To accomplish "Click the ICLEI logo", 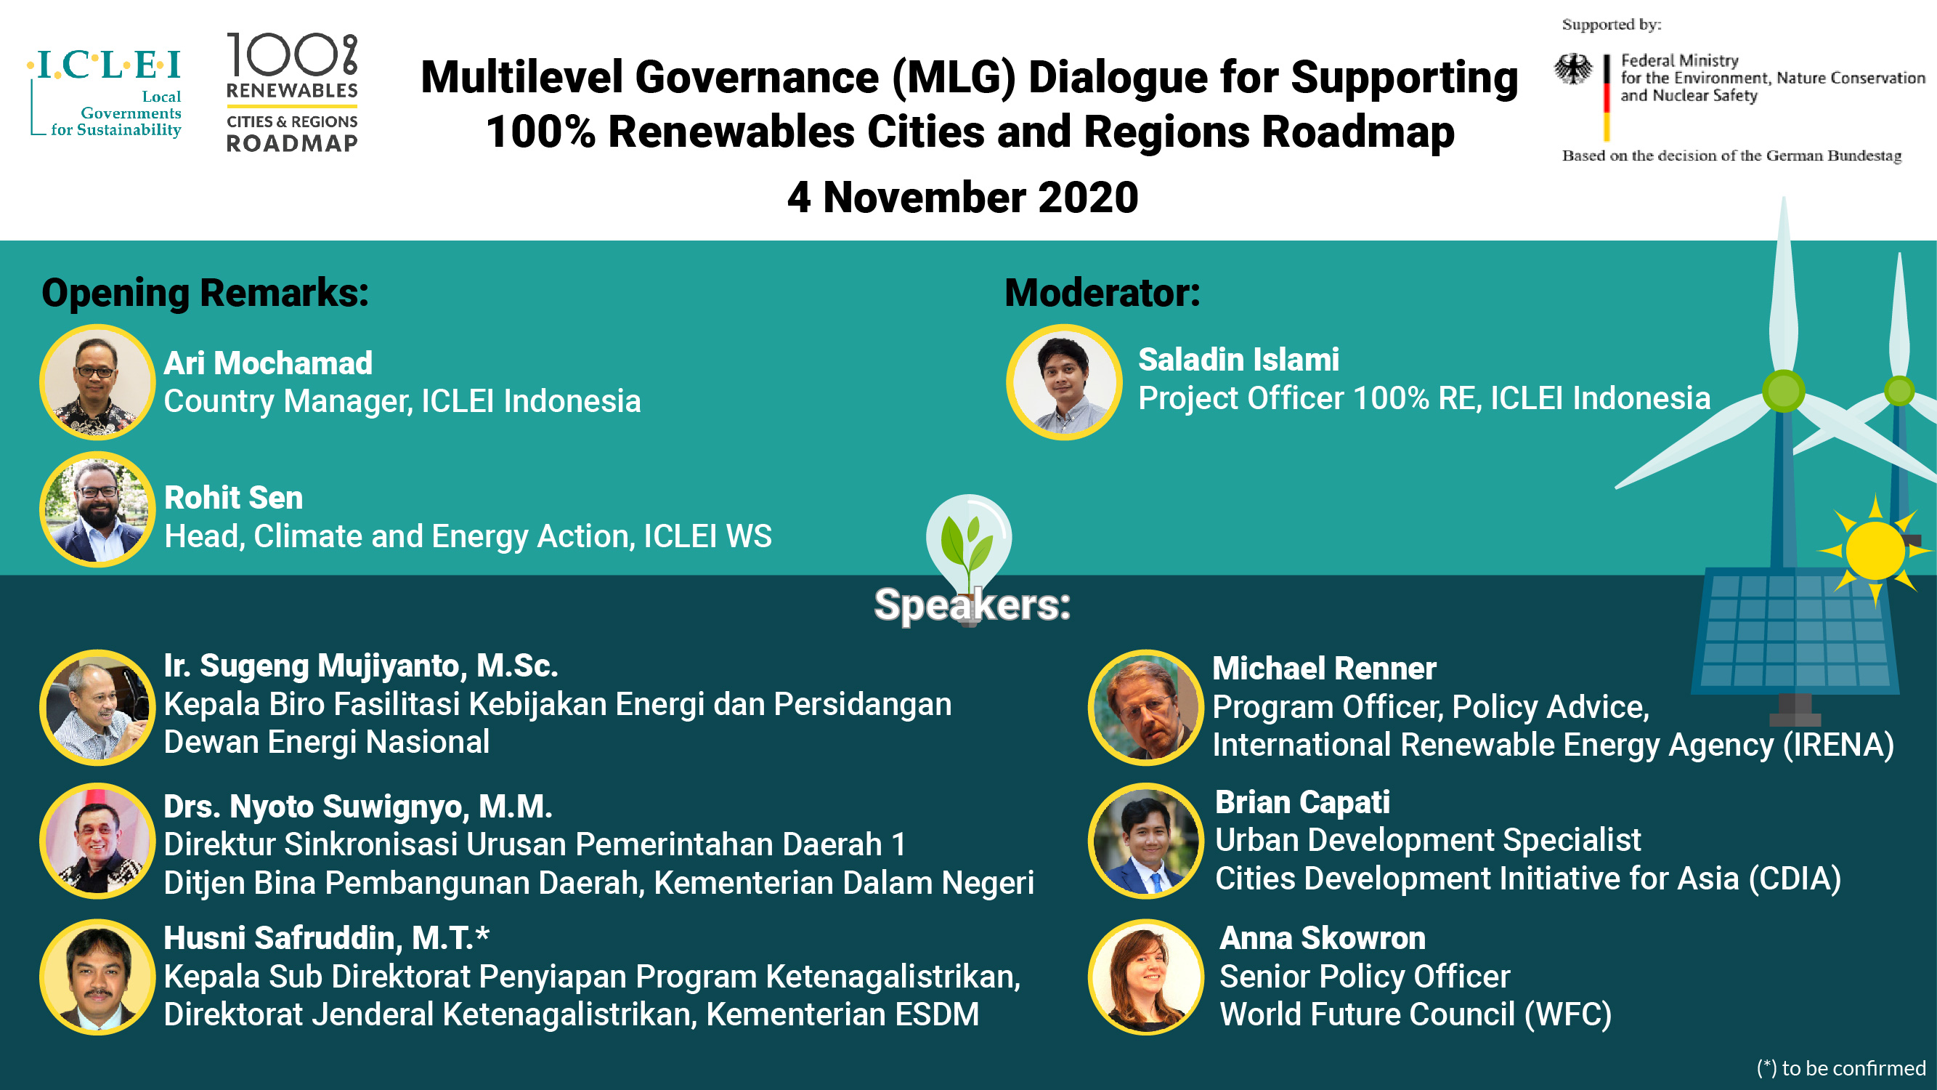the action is (105, 93).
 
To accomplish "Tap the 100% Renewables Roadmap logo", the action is (293, 92).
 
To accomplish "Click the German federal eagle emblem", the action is (1573, 69).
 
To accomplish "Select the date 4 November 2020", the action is (962, 197).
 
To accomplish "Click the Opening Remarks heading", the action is (206, 293).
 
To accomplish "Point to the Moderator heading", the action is (1102, 293).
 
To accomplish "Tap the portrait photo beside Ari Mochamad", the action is (97, 382).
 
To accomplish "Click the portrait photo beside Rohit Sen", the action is (97, 509).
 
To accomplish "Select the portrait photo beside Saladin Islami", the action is (1064, 382).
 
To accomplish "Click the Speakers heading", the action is (972, 604).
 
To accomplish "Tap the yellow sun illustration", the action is (1875, 551).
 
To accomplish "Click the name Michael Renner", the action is (1324, 668).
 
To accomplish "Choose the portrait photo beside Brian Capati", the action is (1146, 841).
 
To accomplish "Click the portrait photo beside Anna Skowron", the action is (1146, 977).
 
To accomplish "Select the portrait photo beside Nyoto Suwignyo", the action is (97, 841).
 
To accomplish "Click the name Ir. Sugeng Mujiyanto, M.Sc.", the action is (361, 666).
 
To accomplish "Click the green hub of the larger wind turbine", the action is (1784, 391).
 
